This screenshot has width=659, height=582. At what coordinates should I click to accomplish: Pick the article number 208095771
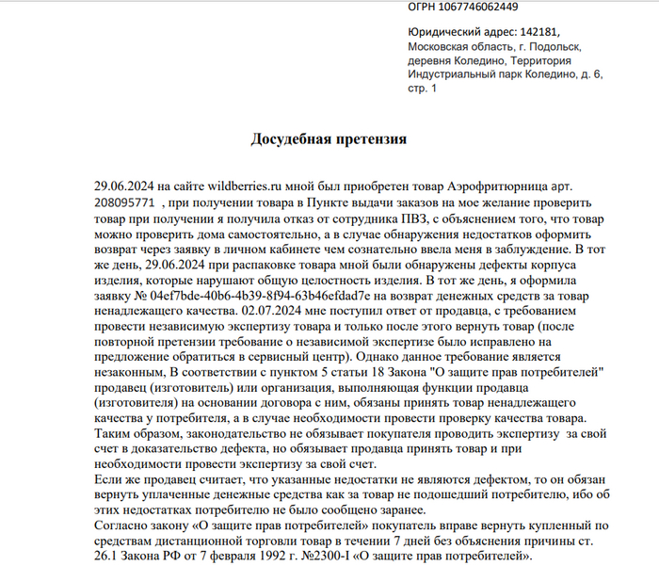click(124, 202)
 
